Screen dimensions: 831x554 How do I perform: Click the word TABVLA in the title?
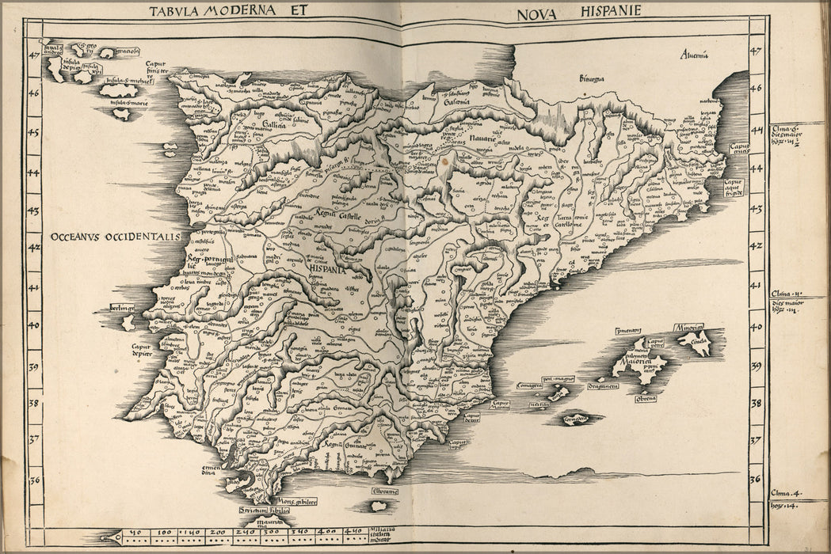[174, 11]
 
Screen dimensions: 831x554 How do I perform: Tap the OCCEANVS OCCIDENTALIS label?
[116, 237]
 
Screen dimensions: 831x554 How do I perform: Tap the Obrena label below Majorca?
[645, 398]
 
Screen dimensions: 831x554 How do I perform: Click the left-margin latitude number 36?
[34, 480]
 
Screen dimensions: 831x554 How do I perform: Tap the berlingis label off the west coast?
[124, 307]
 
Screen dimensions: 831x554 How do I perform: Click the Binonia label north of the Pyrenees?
[591, 78]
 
